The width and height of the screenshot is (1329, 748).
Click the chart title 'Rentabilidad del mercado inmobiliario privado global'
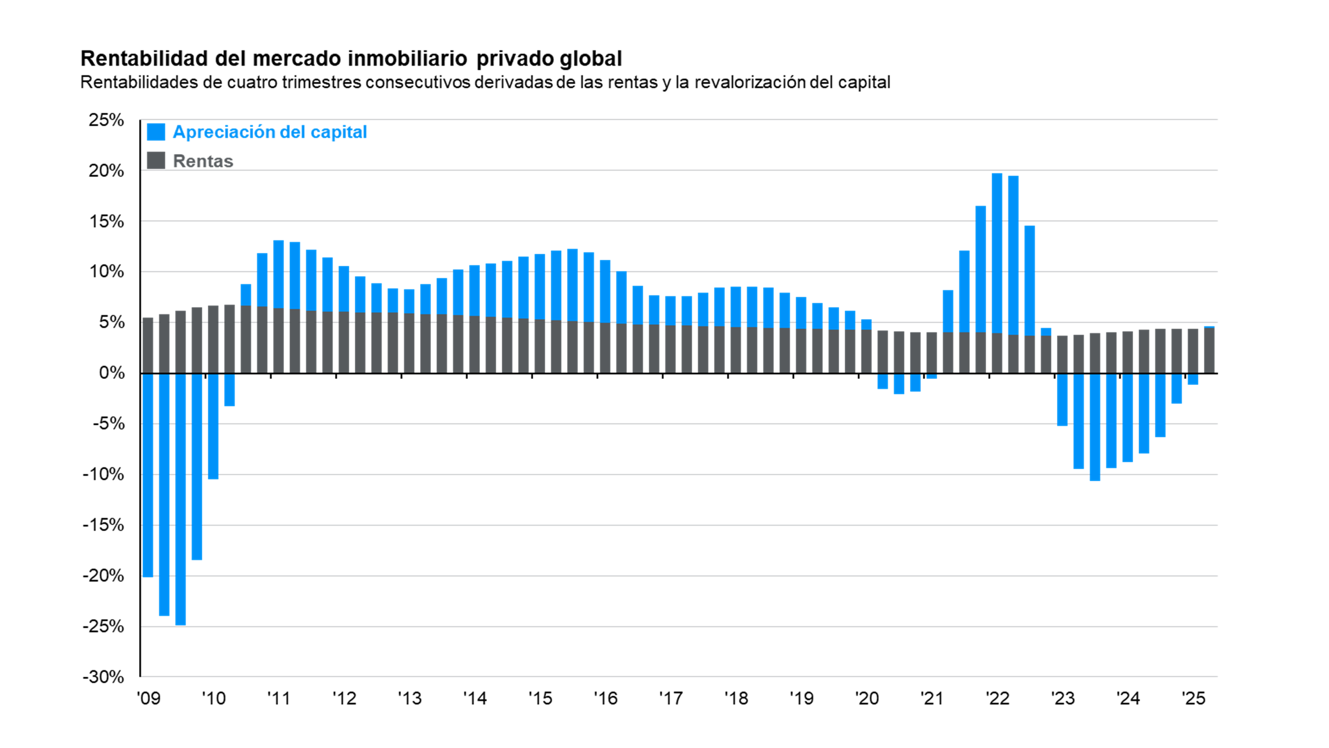click(x=351, y=58)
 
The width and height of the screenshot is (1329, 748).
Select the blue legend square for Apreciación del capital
click(x=156, y=132)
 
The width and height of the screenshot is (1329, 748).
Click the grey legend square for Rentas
click(x=156, y=161)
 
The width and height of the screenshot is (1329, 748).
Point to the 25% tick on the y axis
click(x=106, y=120)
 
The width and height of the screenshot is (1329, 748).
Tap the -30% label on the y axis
click(x=103, y=677)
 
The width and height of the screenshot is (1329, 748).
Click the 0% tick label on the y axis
click(x=112, y=373)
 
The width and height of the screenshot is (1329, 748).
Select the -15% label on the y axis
click(x=103, y=525)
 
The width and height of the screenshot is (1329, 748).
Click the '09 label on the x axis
click(x=148, y=699)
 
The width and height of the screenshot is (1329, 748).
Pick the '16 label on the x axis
click(x=605, y=699)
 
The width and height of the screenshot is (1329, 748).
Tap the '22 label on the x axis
click(x=997, y=699)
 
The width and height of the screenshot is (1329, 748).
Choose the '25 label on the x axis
click(x=1193, y=699)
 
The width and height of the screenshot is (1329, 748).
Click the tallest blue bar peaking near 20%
click(x=997, y=253)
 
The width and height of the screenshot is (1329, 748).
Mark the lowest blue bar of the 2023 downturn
click(x=1095, y=427)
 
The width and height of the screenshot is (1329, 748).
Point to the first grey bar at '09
click(x=148, y=346)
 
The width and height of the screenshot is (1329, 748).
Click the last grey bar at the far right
click(x=1209, y=350)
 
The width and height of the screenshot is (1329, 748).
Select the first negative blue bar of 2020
click(x=883, y=381)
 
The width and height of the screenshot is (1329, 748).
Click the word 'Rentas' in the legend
click(x=203, y=161)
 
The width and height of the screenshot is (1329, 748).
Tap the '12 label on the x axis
click(x=344, y=699)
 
